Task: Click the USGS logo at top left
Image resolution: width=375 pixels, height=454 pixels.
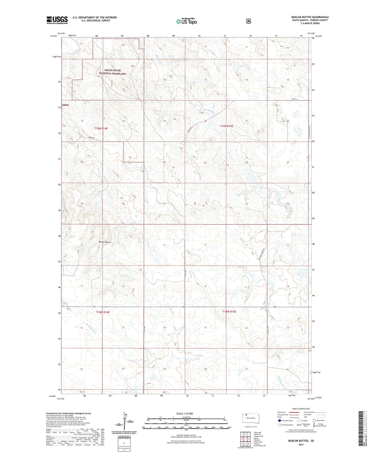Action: (x=57, y=20)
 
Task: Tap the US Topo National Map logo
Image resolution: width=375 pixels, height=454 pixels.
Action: (x=186, y=21)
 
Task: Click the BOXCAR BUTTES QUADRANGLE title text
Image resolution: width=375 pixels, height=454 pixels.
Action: (x=310, y=17)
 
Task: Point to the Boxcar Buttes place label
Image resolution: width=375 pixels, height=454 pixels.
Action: (x=105, y=242)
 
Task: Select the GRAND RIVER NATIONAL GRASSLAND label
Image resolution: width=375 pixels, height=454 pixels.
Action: (x=112, y=72)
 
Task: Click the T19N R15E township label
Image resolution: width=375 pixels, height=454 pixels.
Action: (x=227, y=126)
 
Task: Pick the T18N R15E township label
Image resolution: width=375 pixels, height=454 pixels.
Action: (x=229, y=311)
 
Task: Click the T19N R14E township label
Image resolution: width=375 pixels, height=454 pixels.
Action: (x=101, y=129)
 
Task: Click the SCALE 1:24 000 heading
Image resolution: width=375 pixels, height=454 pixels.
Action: (x=185, y=414)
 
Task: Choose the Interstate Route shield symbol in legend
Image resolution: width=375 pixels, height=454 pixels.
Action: (x=279, y=420)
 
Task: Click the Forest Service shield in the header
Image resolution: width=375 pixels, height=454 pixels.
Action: (x=248, y=21)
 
